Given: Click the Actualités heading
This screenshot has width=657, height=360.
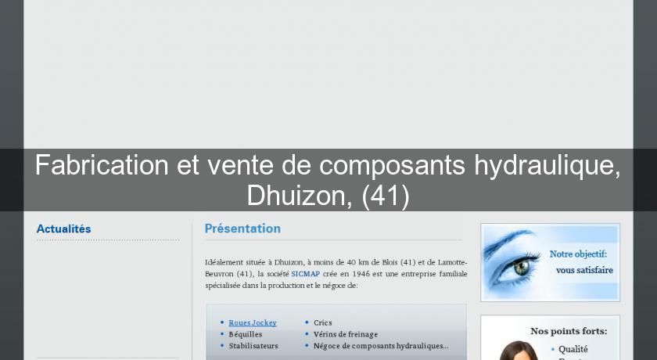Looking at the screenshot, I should (63, 229).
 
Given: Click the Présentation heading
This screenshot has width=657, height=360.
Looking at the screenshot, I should (242, 229).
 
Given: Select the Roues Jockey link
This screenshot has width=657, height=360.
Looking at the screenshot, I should (252, 322).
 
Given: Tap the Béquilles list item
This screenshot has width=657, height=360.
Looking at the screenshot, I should (245, 333).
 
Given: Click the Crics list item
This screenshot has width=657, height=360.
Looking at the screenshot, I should (322, 322).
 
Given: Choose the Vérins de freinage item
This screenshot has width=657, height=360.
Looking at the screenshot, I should (345, 333).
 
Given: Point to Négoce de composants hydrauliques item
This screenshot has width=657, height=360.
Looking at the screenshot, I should (380, 345).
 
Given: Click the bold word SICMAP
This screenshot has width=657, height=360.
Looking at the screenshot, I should (304, 275).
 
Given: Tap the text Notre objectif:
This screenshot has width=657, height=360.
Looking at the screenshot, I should (578, 254).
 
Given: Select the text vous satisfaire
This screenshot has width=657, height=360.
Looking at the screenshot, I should (584, 270).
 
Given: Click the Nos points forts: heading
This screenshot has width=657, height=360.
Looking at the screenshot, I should (569, 331).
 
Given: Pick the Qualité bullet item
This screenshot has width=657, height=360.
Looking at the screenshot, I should (573, 349).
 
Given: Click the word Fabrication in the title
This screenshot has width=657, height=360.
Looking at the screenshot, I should (102, 165).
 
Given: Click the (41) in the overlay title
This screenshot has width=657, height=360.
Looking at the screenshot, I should (386, 195).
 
